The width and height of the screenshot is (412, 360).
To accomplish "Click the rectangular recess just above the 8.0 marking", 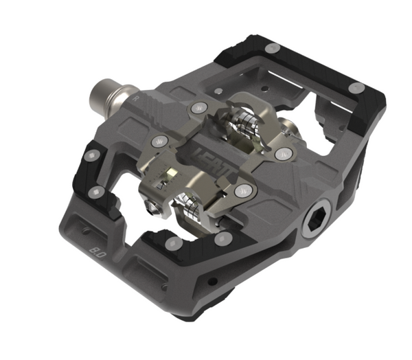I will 87,223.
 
